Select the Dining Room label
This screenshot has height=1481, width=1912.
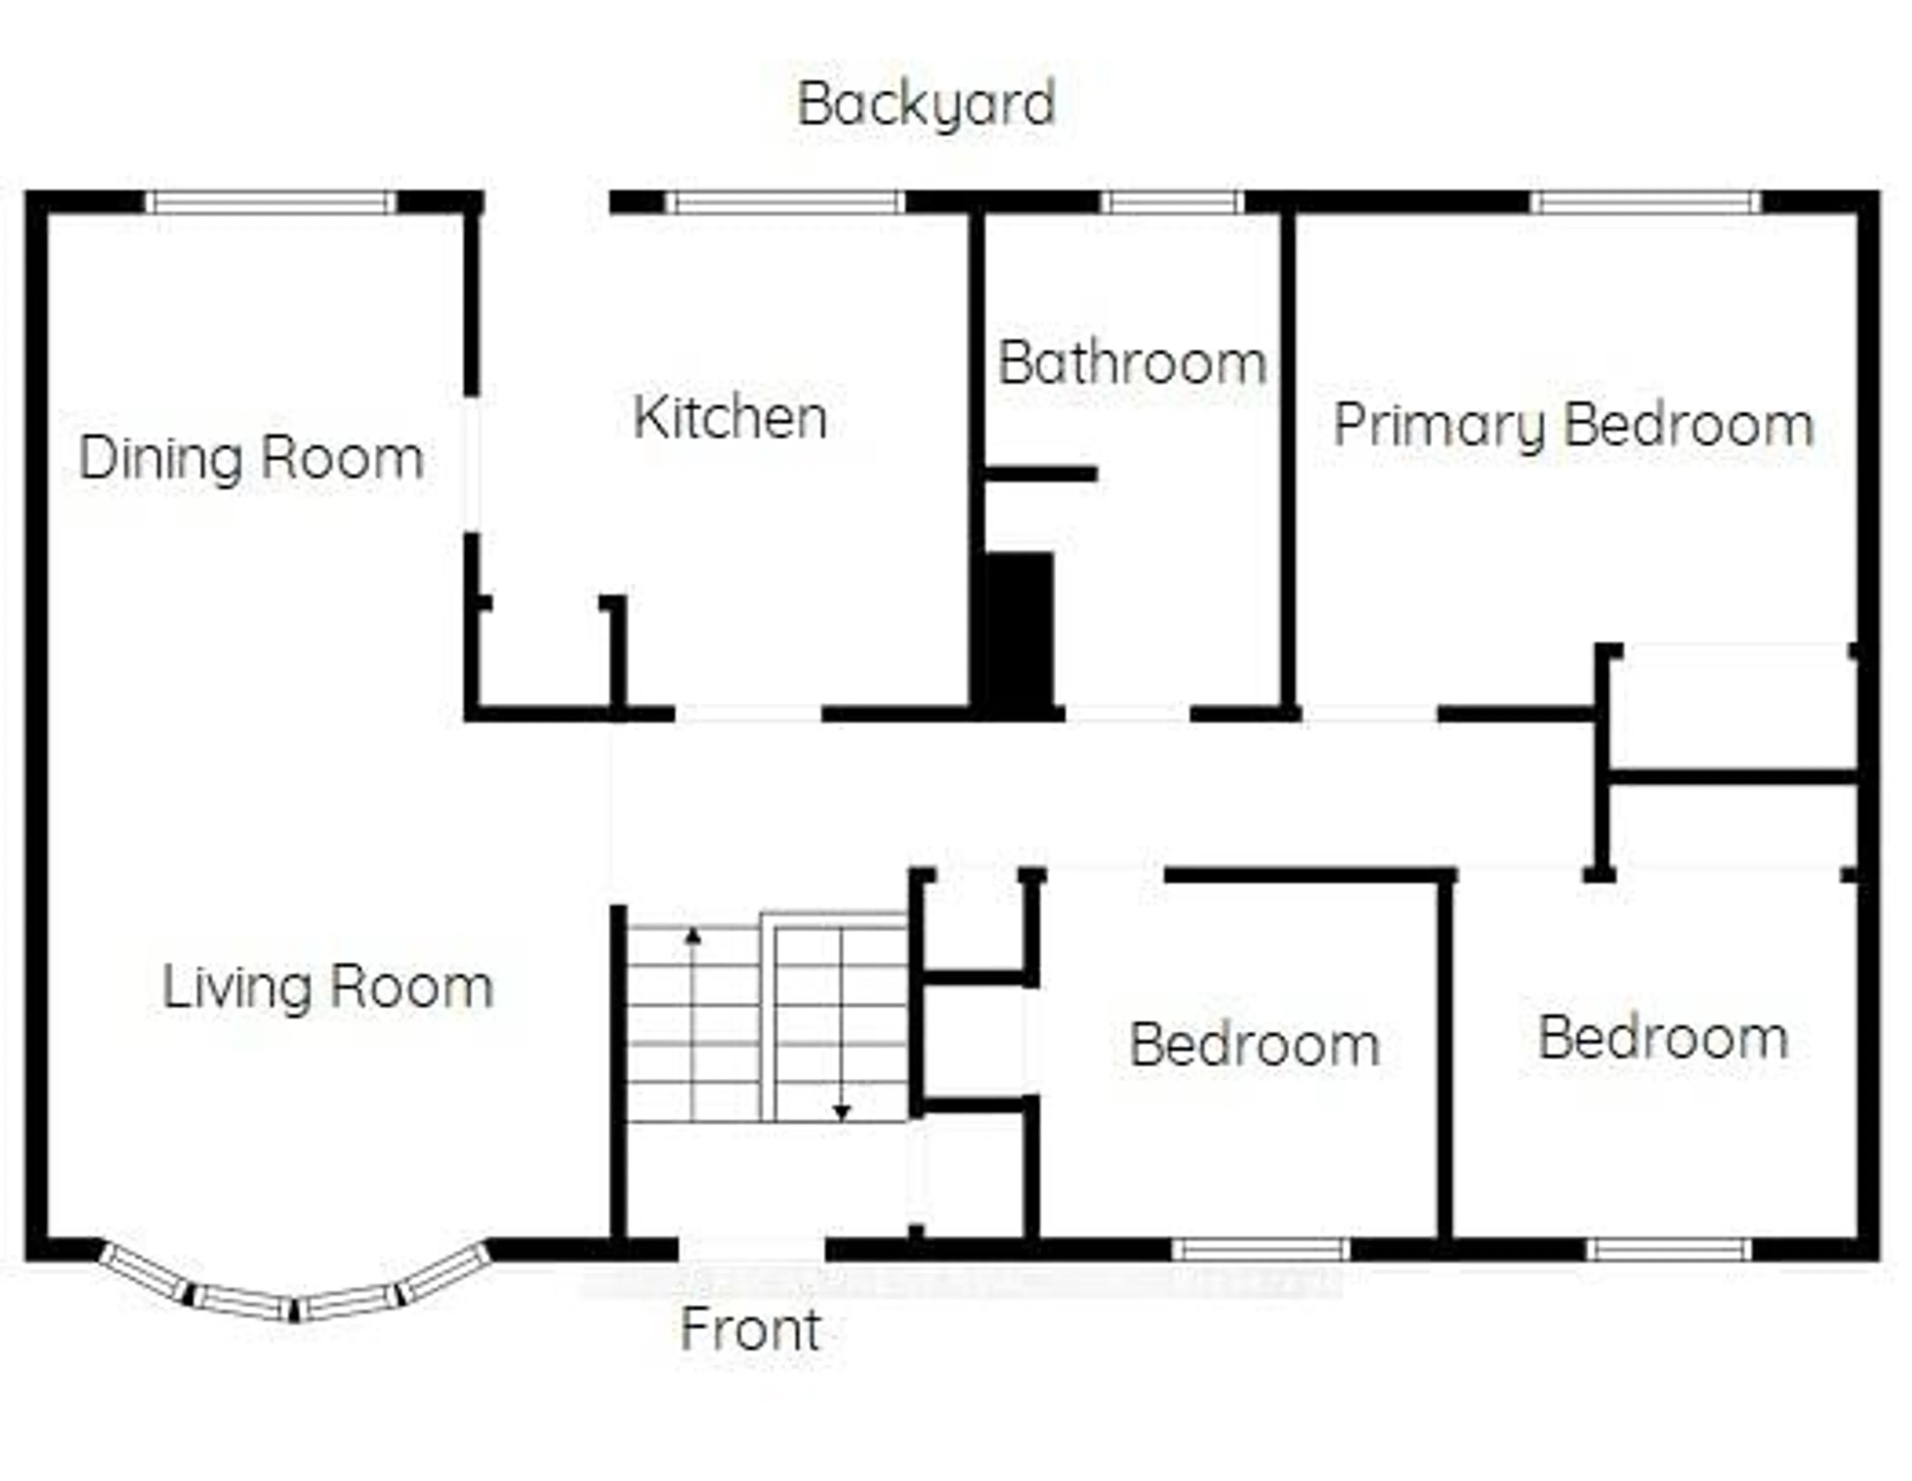(x=251, y=458)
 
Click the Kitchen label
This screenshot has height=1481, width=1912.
(x=730, y=418)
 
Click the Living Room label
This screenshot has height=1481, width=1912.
(x=328, y=987)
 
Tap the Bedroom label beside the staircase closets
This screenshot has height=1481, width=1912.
(x=1254, y=1044)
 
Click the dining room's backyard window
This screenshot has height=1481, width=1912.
(x=270, y=202)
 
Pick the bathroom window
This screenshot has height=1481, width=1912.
(x=1172, y=202)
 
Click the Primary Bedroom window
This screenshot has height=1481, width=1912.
(x=1646, y=202)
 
